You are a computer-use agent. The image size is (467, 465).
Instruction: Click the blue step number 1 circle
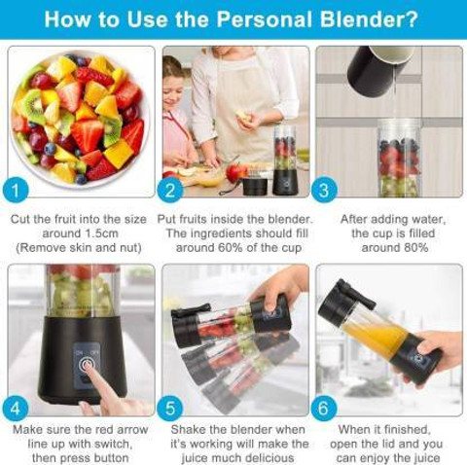[x=16, y=190]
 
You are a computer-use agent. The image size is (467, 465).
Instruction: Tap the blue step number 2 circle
[x=170, y=190]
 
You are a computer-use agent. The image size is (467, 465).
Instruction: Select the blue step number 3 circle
[x=324, y=190]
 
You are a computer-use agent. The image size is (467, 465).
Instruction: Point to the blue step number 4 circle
[x=16, y=409]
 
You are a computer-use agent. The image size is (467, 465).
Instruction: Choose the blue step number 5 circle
[x=170, y=409]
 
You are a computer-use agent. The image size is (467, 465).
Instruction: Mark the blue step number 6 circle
[x=324, y=409]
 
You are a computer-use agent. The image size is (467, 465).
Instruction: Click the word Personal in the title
[x=265, y=19]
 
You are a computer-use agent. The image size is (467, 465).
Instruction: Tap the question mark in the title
[x=411, y=18]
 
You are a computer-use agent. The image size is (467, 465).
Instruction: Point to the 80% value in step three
[x=415, y=248]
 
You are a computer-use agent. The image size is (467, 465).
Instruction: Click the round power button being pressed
[x=87, y=365]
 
